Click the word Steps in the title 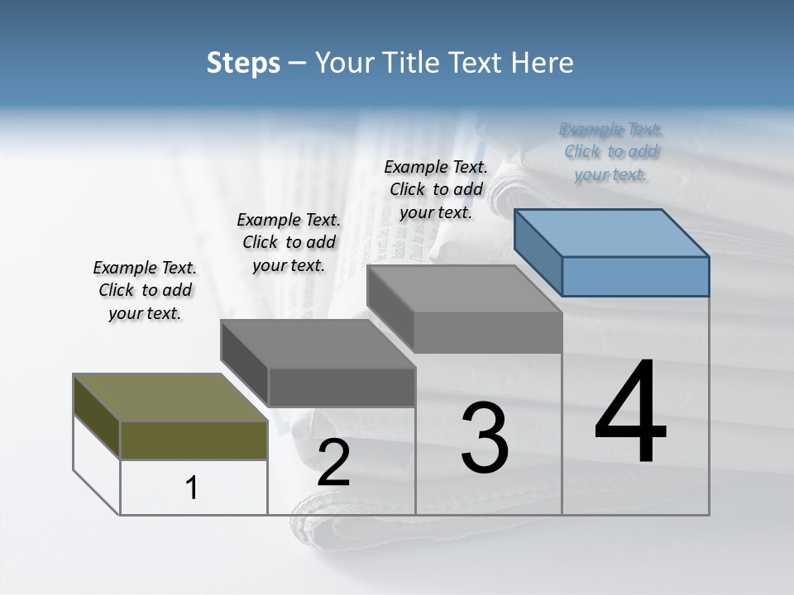pyautogui.click(x=243, y=63)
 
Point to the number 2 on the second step pyautogui.click(x=333, y=463)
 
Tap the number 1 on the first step pyautogui.click(x=192, y=488)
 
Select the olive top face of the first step pyautogui.click(x=170, y=397)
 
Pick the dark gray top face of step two pyautogui.click(x=318, y=344)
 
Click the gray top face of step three pyautogui.click(x=464, y=289)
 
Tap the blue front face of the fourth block pyautogui.click(x=635, y=276)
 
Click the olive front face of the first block pyautogui.click(x=194, y=440)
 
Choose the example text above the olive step pyautogui.click(x=145, y=291)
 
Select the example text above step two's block pyautogui.click(x=289, y=242)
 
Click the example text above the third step pyautogui.click(x=436, y=189)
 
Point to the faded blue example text pyautogui.click(x=611, y=151)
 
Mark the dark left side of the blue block pyautogui.click(x=538, y=252)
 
